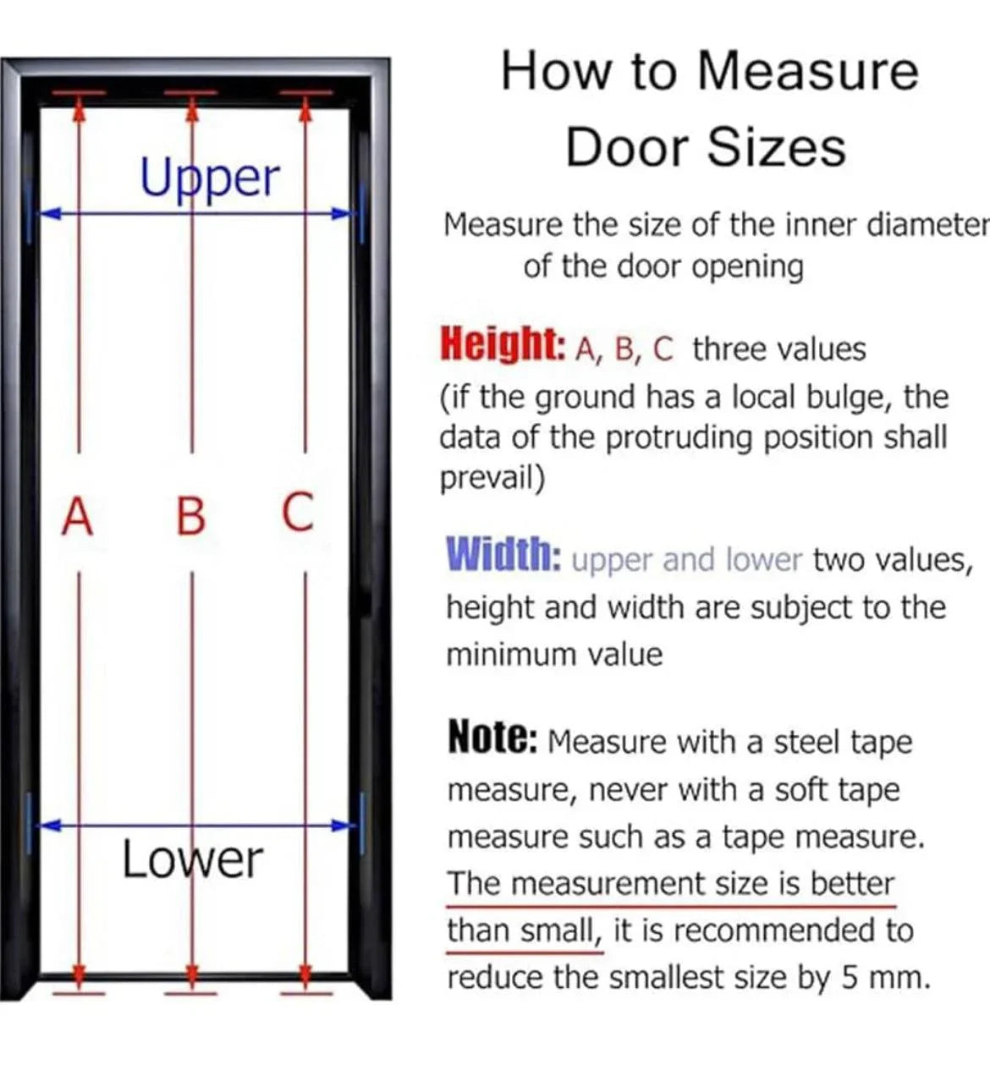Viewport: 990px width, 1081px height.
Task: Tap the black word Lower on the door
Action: point(193,859)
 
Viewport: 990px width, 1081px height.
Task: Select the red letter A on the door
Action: point(78,516)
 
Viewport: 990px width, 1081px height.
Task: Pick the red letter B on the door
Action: point(191,516)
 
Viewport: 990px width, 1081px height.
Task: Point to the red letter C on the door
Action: point(298,512)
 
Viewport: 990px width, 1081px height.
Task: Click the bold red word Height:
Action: point(503,345)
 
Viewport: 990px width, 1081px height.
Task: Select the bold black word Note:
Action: point(492,738)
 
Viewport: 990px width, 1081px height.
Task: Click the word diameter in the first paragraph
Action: point(927,225)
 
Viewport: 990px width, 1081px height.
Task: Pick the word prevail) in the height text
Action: point(492,478)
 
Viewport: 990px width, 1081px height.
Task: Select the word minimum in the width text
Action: point(510,654)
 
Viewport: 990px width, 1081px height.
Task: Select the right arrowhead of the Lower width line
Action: point(341,825)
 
